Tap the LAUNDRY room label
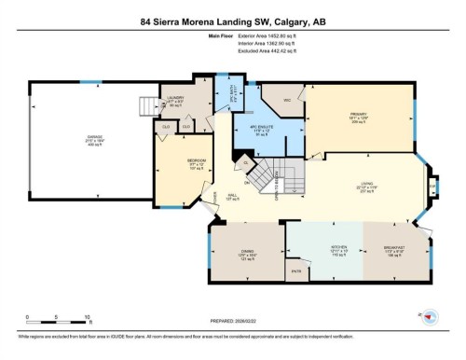pyautogui.click(x=174, y=98)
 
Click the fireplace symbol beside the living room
pyautogui.click(x=433, y=186)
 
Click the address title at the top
pyautogui.click(x=233, y=21)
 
